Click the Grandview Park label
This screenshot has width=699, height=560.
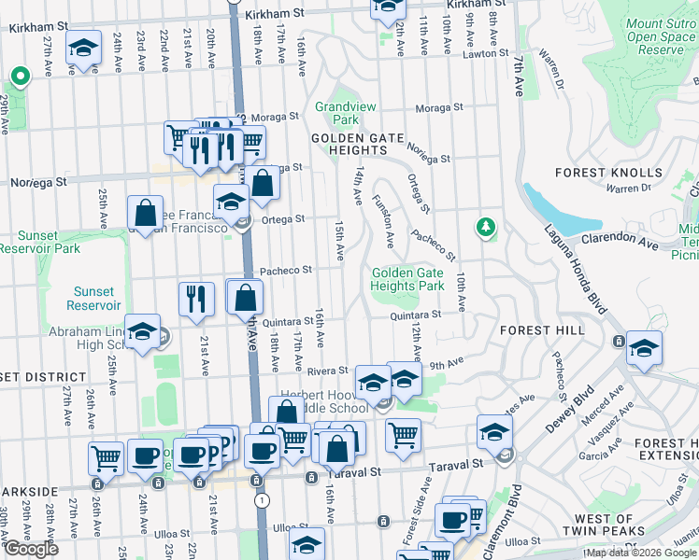(336, 113)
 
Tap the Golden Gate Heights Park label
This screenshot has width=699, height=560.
(407, 279)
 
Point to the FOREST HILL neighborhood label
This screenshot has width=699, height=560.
(542, 330)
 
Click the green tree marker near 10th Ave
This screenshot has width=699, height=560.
(484, 227)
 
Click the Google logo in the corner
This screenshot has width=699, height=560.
(30, 549)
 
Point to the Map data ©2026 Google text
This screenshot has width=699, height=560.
(641, 553)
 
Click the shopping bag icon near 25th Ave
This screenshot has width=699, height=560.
(146, 214)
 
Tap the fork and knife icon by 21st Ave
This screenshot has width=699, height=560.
(196, 299)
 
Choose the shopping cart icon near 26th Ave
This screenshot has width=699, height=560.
(106, 457)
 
